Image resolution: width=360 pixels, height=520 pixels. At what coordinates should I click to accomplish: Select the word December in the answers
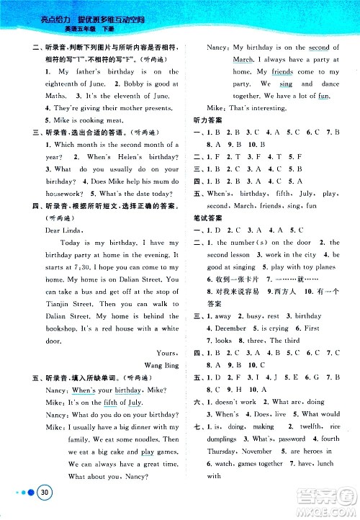pos(231,328)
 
